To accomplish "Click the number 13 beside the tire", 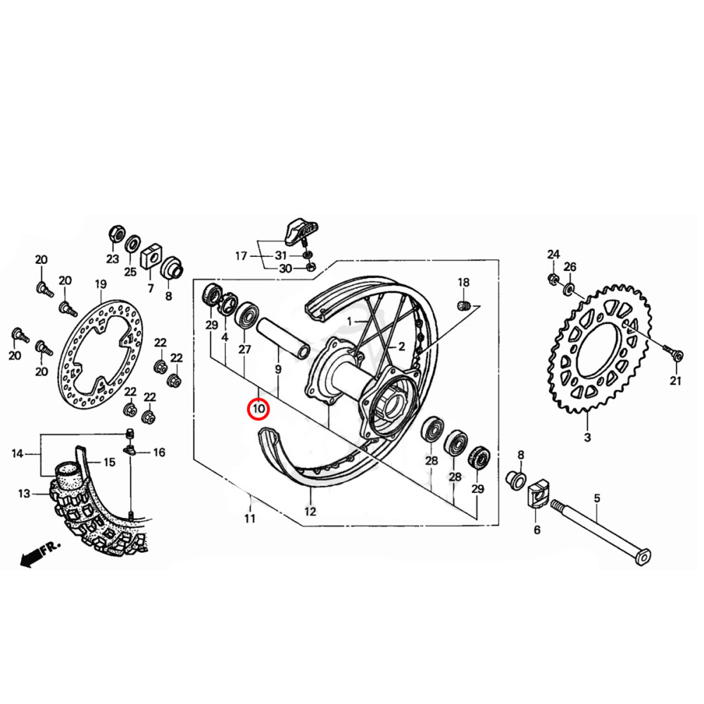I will pyautogui.click(x=24, y=494).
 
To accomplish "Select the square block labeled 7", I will pyautogui.click(x=150, y=258).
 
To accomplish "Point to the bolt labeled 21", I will pyautogui.click(x=670, y=351).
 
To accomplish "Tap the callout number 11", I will pyautogui.click(x=250, y=520).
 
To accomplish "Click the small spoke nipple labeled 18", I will pyautogui.click(x=463, y=305).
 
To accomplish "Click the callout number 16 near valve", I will pyautogui.click(x=159, y=453).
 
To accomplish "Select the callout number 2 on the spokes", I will pyautogui.click(x=401, y=346).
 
